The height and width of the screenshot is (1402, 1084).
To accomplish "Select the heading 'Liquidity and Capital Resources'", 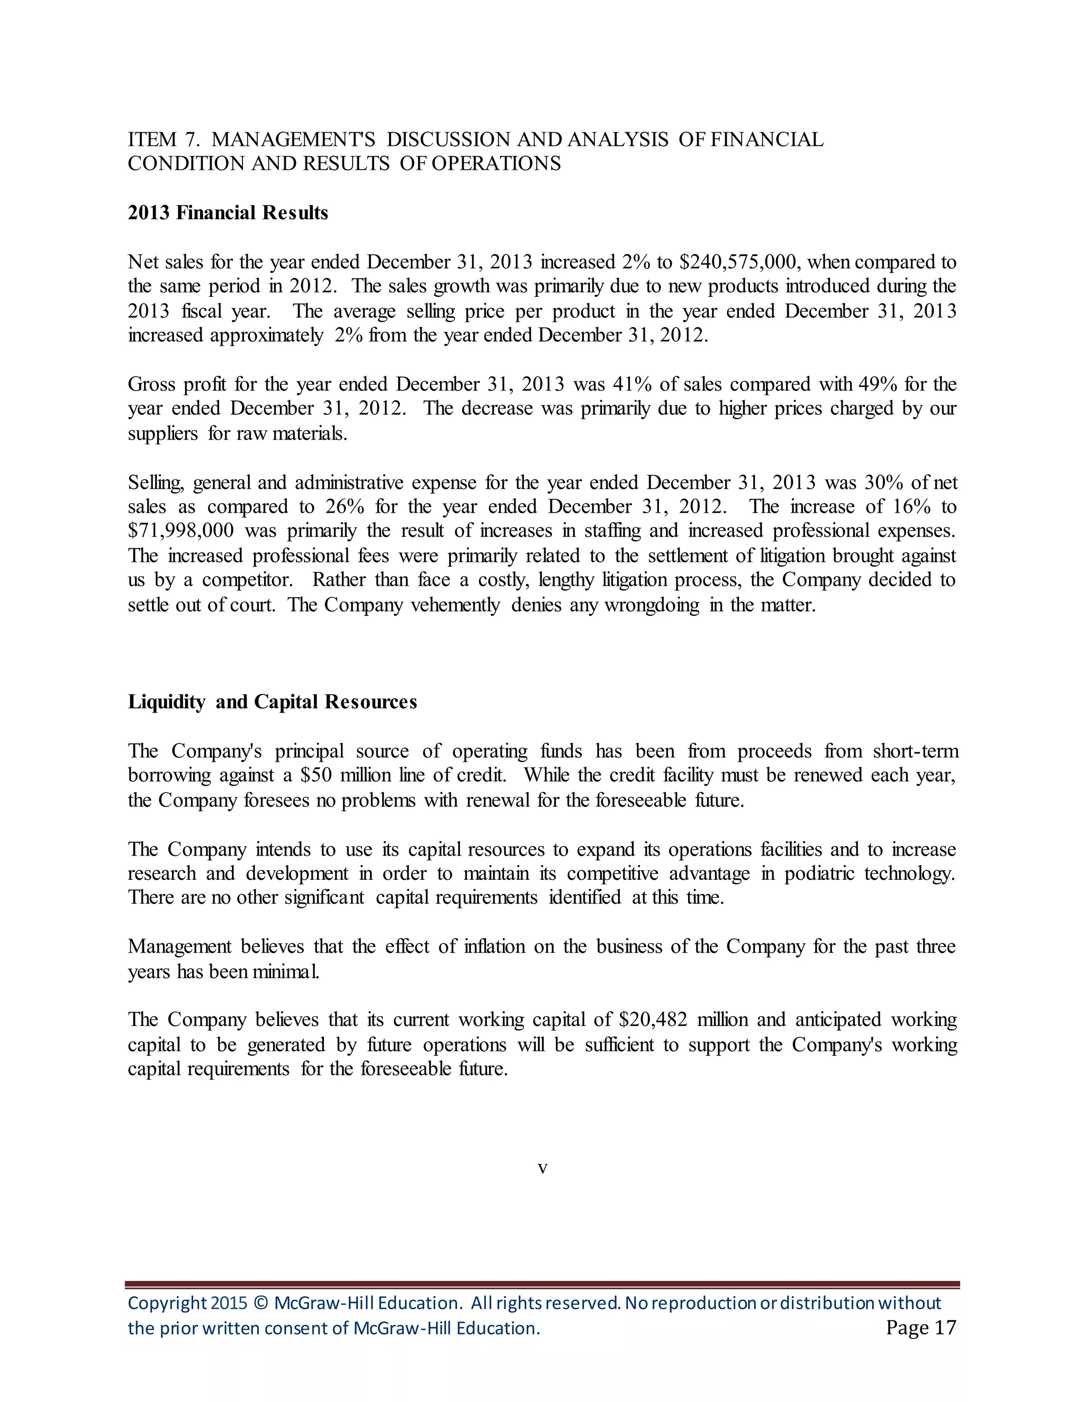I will point(272,702).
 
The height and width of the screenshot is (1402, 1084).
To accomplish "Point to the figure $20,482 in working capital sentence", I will point(653,1019).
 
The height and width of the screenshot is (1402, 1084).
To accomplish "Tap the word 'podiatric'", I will point(819,873).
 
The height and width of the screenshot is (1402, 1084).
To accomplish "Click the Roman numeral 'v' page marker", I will point(543,1168).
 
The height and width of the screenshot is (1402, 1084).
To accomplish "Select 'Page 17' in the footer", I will point(920,1327).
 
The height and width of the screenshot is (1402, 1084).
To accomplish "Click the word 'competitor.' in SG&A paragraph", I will point(247,580).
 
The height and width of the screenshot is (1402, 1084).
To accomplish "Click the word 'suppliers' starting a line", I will point(162,433).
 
